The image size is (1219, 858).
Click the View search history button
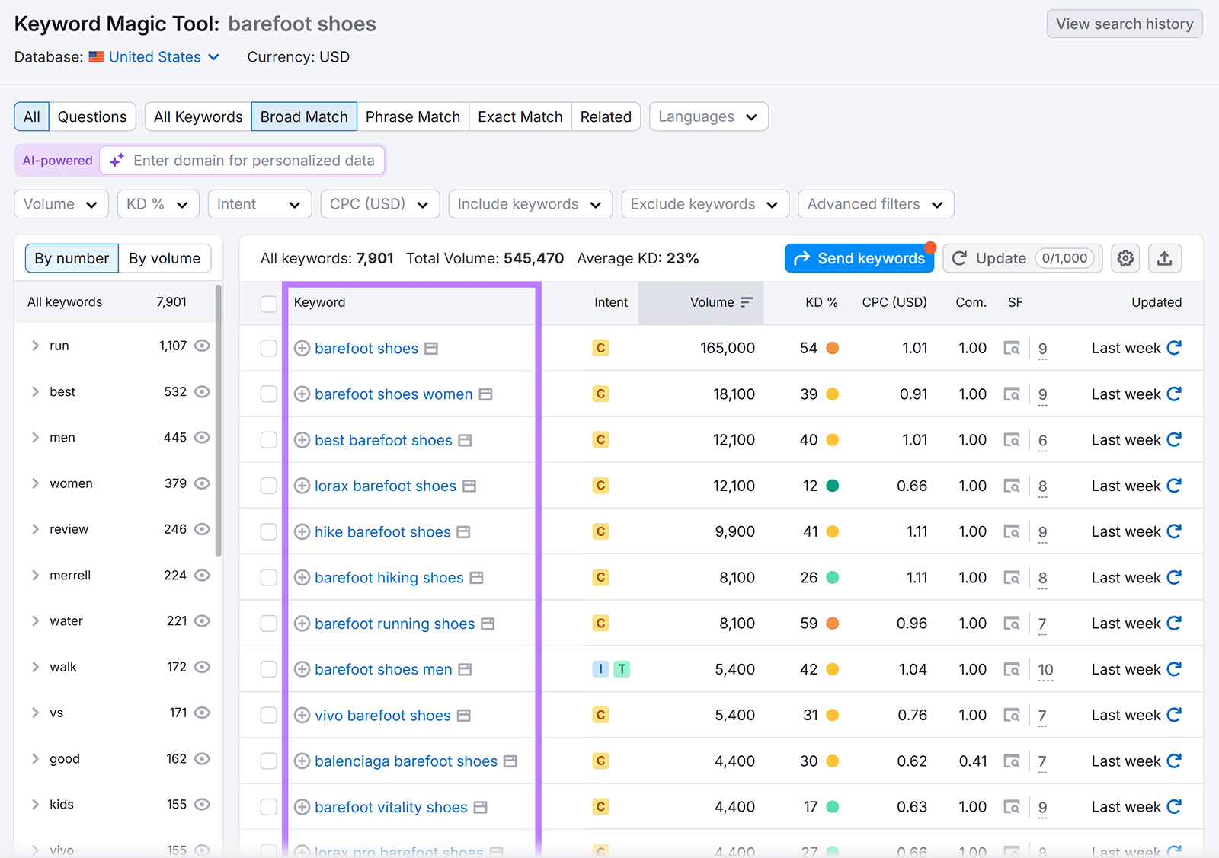tap(1124, 24)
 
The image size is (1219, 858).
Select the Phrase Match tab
tap(412, 116)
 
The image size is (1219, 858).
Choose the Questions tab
tap(92, 116)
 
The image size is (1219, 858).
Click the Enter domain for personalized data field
tap(254, 161)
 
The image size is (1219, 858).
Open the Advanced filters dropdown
tap(875, 204)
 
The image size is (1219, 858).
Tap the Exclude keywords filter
tap(704, 204)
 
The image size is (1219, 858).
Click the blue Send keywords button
tap(859, 258)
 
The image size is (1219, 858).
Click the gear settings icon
tap(1125, 258)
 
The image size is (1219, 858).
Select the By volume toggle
tap(165, 258)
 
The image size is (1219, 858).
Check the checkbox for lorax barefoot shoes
tap(268, 486)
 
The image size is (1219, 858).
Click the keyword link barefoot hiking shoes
tap(389, 578)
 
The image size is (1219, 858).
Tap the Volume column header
tap(712, 302)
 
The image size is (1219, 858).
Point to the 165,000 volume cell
tap(728, 348)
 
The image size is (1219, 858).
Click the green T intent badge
tap(622, 669)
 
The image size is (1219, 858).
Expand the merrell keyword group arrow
tap(35, 575)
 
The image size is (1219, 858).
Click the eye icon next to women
tap(202, 483)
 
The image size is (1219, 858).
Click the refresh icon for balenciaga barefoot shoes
tap(1174, 761)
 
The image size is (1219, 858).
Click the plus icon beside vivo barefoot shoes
tap(302, 716)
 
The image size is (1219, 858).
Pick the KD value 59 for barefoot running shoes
tap(809, 624)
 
